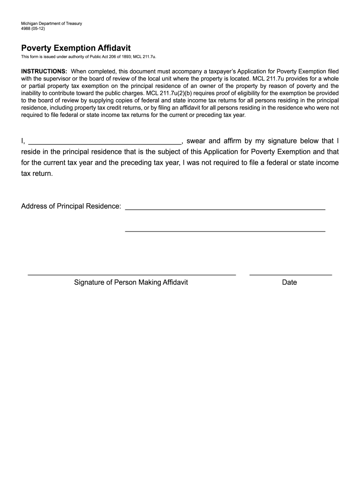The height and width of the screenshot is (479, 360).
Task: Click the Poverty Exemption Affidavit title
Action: pos(76,48)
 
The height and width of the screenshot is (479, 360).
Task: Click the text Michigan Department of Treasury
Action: pos(51,23)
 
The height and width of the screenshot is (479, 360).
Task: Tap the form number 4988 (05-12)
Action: pos(33,29)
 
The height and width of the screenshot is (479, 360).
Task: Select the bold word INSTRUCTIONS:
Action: pos(44,71)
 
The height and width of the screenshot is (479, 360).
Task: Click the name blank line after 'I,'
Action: pos(105,142)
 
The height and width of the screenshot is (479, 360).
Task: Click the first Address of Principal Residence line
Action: pos(225,208)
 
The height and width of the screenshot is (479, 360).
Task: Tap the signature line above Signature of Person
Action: pos(132,274)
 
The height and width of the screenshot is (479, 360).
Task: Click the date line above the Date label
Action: pos(290,274)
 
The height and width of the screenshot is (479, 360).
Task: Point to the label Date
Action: pos(289,283)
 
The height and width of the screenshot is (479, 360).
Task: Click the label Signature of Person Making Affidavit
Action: pos(131,283)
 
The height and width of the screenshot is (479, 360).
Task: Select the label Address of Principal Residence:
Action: pos(71,206)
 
